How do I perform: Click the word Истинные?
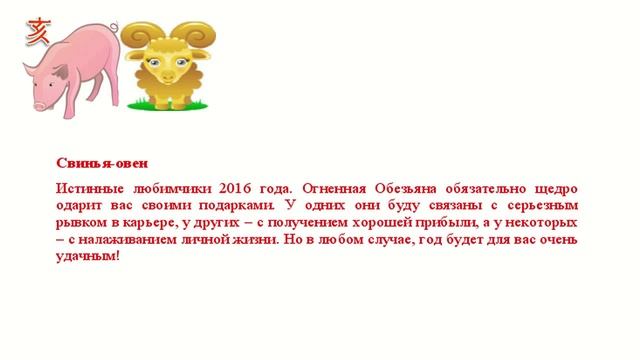point(88,187)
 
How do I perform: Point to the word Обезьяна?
point(427,187)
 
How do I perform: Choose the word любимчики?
point(168,187)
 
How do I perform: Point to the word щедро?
point(557,187)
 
